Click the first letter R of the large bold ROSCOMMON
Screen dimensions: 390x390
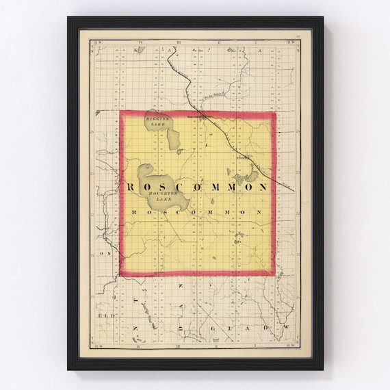click(130, 187)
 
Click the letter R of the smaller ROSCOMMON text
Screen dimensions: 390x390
click(133, 213)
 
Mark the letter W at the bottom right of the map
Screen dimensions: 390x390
click(287, 328)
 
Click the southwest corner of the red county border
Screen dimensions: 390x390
click(121, 274)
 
